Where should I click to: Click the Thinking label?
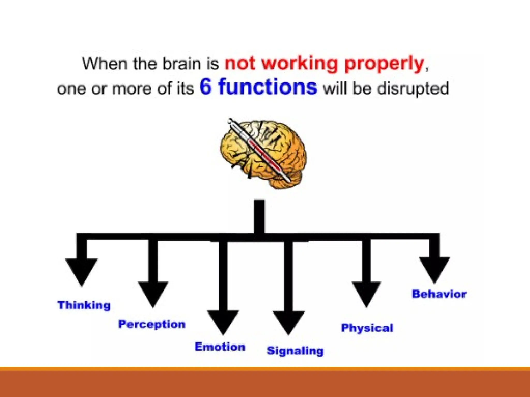[84, 305]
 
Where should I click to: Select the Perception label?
[152, 324]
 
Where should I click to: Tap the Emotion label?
[220, 347]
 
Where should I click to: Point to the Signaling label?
[295, 351]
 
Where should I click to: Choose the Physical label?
[367, 328]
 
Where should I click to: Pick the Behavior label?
[439, 294]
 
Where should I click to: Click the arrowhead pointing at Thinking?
[82, 270]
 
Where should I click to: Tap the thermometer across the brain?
[259, 150]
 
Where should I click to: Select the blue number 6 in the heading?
[206, 87]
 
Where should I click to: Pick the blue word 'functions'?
[268, 87]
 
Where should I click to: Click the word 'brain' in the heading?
[181, 63]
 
